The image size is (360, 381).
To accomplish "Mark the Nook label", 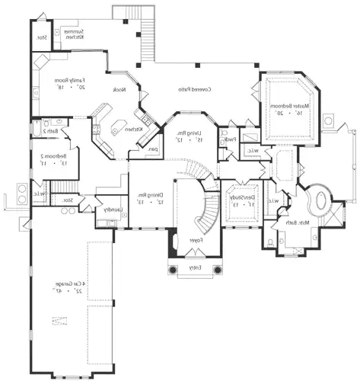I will (129, 89).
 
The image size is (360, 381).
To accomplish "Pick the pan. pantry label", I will (153, 149).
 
